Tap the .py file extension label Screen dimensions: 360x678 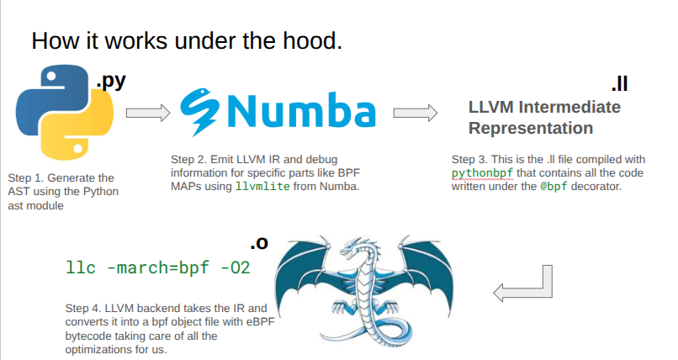(x=112, y=82)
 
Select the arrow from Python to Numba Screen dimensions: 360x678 (x=148, y=113)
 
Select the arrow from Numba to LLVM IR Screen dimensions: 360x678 (x=416, y=113)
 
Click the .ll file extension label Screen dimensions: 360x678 (x=619, y=85)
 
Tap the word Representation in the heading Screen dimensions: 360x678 (x=530, y=129)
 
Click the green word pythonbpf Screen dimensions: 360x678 (x=483, y=172)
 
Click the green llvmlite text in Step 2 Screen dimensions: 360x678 (x=263, y=186)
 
